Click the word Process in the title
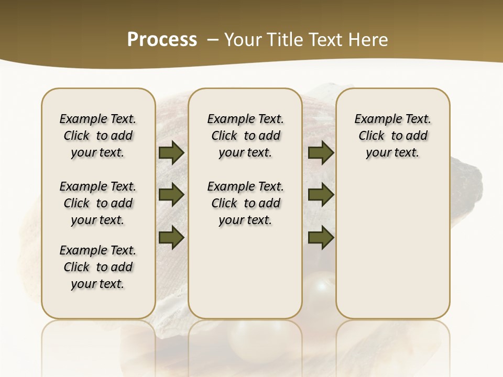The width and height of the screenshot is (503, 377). tap(162, 39)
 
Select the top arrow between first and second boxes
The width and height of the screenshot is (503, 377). tap(171, 153)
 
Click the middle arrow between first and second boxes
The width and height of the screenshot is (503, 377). tap(171, 195)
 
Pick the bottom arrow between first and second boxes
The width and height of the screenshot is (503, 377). tap(171, 237)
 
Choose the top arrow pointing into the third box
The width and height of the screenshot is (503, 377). tap(321, 153)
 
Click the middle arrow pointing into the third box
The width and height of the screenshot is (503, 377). tap(321, 195)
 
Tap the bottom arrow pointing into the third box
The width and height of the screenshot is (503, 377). tap(321, 237)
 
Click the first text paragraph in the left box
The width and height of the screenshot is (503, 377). tap(98, 136)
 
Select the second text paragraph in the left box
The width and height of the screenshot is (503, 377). tap(98, 203)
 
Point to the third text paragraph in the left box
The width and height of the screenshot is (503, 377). tap(98, 267)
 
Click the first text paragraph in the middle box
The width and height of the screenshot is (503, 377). tap(245, 136)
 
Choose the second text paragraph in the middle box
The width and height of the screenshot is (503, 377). tap(245, 203)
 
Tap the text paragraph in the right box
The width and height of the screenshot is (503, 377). tap(392, 136)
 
